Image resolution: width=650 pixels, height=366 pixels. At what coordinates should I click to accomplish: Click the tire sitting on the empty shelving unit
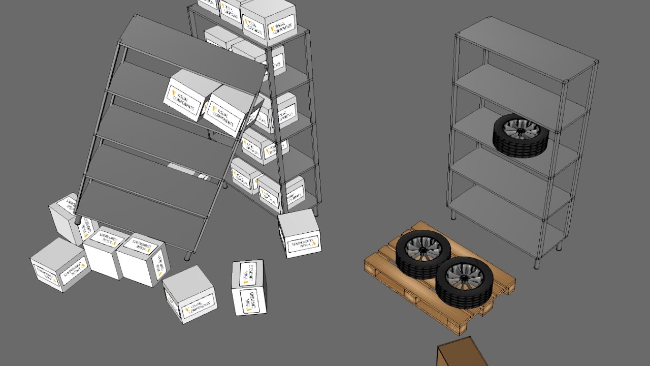coord(521,135)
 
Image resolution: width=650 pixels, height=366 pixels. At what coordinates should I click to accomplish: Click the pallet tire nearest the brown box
coord(464,282)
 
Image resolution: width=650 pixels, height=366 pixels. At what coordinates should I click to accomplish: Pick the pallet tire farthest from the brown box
coord(423,254)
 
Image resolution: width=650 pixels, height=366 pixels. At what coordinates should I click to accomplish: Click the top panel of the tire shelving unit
coord(526,48)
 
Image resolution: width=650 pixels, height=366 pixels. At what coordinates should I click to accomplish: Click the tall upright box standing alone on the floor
coord(249,287)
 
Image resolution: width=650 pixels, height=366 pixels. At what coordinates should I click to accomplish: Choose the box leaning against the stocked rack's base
coord(300,234)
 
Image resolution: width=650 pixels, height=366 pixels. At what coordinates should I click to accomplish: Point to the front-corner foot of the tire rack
coord(537,265)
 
